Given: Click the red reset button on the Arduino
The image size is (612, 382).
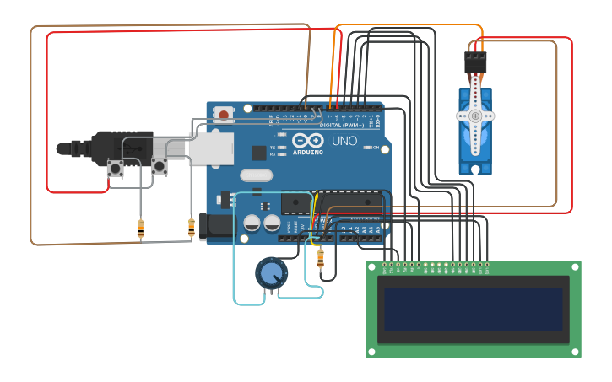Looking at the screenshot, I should tap(224, 114).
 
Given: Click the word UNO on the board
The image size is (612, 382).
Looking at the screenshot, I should tap(344, 141).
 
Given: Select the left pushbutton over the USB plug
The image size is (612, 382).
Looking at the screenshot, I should tap(116, 169).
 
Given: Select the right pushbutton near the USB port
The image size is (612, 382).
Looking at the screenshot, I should tap(160, 166).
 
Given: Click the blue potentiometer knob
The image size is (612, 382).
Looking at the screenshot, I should tap(271, 272).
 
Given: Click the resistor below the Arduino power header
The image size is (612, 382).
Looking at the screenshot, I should tap(320, 260).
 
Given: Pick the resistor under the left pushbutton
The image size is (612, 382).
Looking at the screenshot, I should tap(140, 228).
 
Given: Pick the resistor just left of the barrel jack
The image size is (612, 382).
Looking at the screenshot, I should tap(192, 227).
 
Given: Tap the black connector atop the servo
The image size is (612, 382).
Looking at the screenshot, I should tap(475, 62).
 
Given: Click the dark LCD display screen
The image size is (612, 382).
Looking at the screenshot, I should tap(473, 309).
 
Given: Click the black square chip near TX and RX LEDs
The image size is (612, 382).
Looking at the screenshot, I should tap(259, 153).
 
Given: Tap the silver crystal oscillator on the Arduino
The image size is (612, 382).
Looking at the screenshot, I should tap(256, 175).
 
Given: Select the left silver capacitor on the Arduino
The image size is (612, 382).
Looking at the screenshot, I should tap(252, 223).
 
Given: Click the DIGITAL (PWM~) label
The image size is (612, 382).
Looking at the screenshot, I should tap(343, 126).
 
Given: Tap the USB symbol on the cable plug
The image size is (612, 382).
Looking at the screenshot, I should tap(135, 148).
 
